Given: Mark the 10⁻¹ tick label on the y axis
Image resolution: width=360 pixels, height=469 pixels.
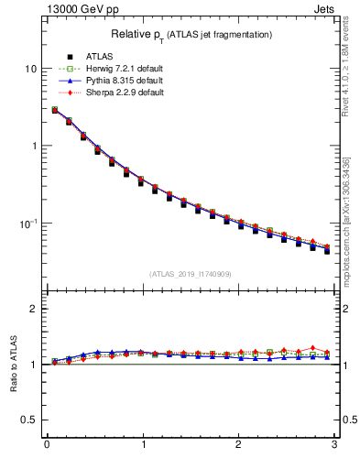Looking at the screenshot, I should point(28,223).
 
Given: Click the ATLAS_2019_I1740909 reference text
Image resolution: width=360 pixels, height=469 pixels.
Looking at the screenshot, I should point(191,274).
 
